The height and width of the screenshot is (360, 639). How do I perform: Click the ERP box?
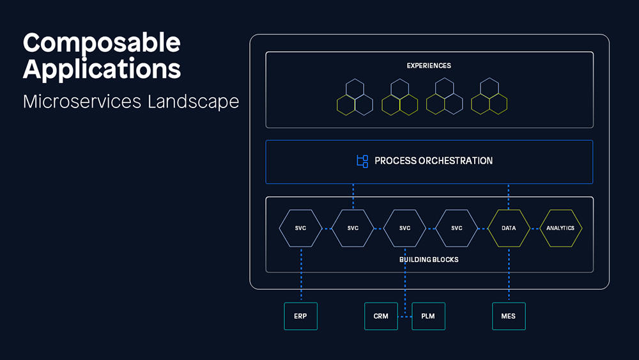pos(301,316)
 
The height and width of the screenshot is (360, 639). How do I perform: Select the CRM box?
pos(381,316)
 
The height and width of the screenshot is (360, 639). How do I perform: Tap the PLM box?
pos(428,316)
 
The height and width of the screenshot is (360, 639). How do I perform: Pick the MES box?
pos(509,316)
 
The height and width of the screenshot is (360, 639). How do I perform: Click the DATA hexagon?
pos(509,228)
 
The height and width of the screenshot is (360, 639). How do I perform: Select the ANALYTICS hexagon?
pos(561,228)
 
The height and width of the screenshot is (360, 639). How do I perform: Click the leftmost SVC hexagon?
pos(301,228)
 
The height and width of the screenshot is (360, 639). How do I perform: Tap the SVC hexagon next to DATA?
pos(457,228)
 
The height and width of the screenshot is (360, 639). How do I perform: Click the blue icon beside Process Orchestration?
pos(362,161)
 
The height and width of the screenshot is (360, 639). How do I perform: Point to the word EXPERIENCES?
pos(429,66)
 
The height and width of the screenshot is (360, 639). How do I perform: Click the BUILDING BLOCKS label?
pos(429,260)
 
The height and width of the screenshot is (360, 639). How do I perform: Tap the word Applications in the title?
pos(102,69)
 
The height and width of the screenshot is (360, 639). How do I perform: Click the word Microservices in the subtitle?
pos(82,102)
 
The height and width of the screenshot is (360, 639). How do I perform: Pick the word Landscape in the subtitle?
pos(193,102)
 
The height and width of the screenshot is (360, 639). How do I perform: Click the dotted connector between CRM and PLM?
pos(404,317)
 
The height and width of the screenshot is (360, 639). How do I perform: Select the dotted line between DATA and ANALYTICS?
pos(535,229)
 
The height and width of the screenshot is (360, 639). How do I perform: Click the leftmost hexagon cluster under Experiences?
pos(355,97)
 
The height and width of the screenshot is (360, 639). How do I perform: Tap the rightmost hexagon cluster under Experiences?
pos(489,96)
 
